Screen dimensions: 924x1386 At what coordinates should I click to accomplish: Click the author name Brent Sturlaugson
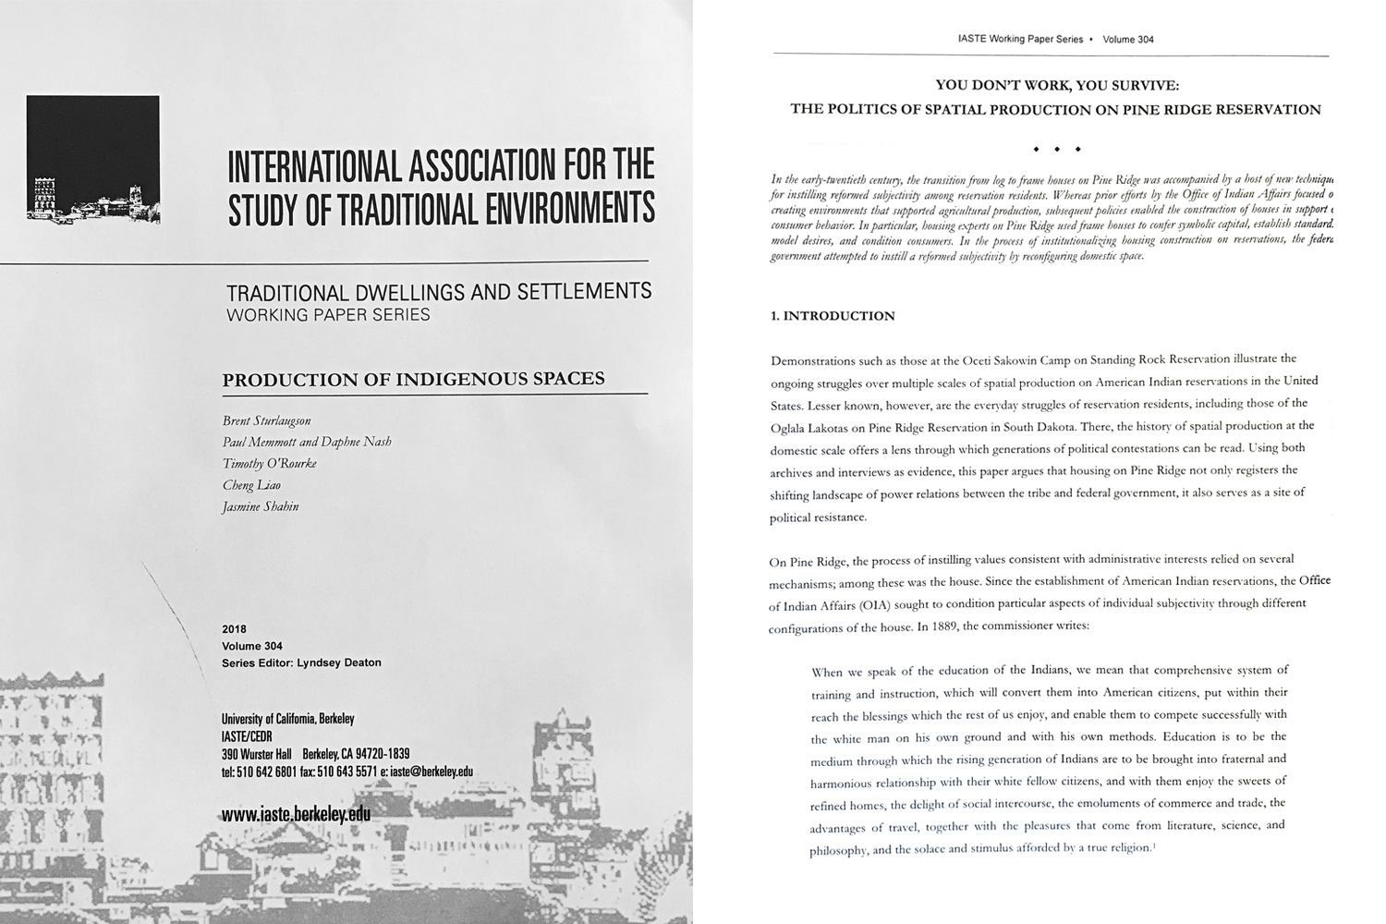pos(266,420)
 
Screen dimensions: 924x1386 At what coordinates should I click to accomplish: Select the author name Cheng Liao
pos(251,485)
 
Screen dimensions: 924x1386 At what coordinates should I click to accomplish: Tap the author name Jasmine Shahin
pos(261,506)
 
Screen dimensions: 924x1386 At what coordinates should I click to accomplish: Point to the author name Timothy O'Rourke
pos(270,464)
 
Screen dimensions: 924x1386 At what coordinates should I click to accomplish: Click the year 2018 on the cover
pos(235,629)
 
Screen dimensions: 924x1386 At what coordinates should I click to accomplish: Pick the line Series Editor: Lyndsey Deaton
pos(301,663)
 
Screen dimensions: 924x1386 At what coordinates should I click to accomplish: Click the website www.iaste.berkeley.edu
pos(296,814)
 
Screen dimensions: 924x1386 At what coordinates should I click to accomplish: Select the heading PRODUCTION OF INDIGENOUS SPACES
pos(414,379)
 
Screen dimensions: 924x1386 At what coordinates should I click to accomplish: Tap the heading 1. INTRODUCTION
pos(833,316)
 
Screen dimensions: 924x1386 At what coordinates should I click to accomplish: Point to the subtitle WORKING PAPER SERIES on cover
pos(328,314)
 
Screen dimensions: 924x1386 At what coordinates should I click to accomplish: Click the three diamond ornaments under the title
pos(1056,149)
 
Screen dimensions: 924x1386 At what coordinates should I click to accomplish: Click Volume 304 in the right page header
pos(1128,40)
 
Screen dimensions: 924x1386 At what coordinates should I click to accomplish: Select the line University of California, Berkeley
pos(288,719)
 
